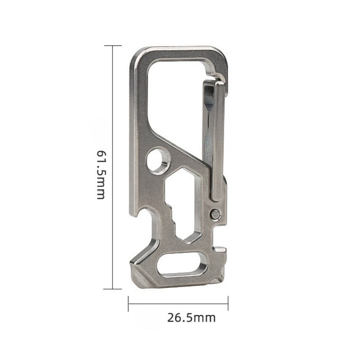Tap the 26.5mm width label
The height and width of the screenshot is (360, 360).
tap(192, 318)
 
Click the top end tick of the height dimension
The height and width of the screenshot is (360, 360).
tap(113, 46)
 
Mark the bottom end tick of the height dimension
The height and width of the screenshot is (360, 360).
tap(113, 288)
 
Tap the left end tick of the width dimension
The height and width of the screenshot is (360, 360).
tap(129, 304)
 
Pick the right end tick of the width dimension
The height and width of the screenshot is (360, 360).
tap(229, 304)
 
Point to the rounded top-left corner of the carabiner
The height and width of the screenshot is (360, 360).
tap(137, 56)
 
